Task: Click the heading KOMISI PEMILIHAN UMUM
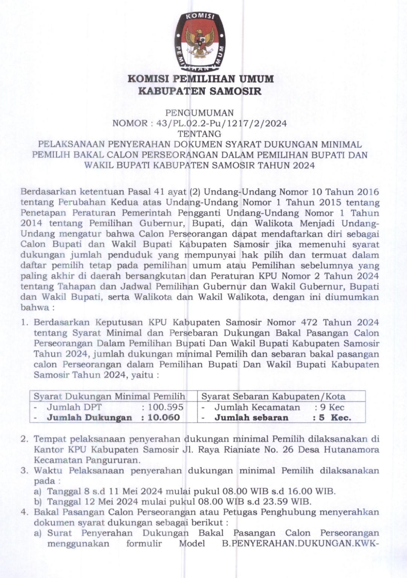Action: pyautogui.click(x=200, y=79)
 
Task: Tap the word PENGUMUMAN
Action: pyautogui.click(x=200, y=113)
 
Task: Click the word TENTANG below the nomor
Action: pyautogui.click(x=199, y=134)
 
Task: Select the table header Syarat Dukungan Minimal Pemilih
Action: pyautogui.click(x=110, y=396)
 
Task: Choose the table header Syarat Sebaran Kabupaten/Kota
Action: pyautogui.click(x=273, y=396)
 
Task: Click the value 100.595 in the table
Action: pyautogui.click(x=165, y=407)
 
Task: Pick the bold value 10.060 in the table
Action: pyautogui.click(x=164, y=417)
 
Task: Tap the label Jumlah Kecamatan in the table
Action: pyautogui.click(x=257, y=407)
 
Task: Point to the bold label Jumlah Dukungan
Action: pyautogui.click(x=89, y=417)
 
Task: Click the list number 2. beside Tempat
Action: pyautogui.click(x=25, y=439)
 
